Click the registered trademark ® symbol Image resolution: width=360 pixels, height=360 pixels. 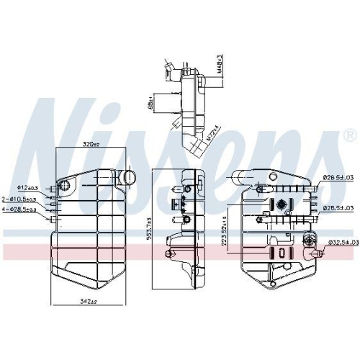tap(349, 135)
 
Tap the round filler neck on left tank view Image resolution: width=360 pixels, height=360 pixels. tap(127, 176)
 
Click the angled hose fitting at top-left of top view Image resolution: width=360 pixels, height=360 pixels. tap(169, 71)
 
